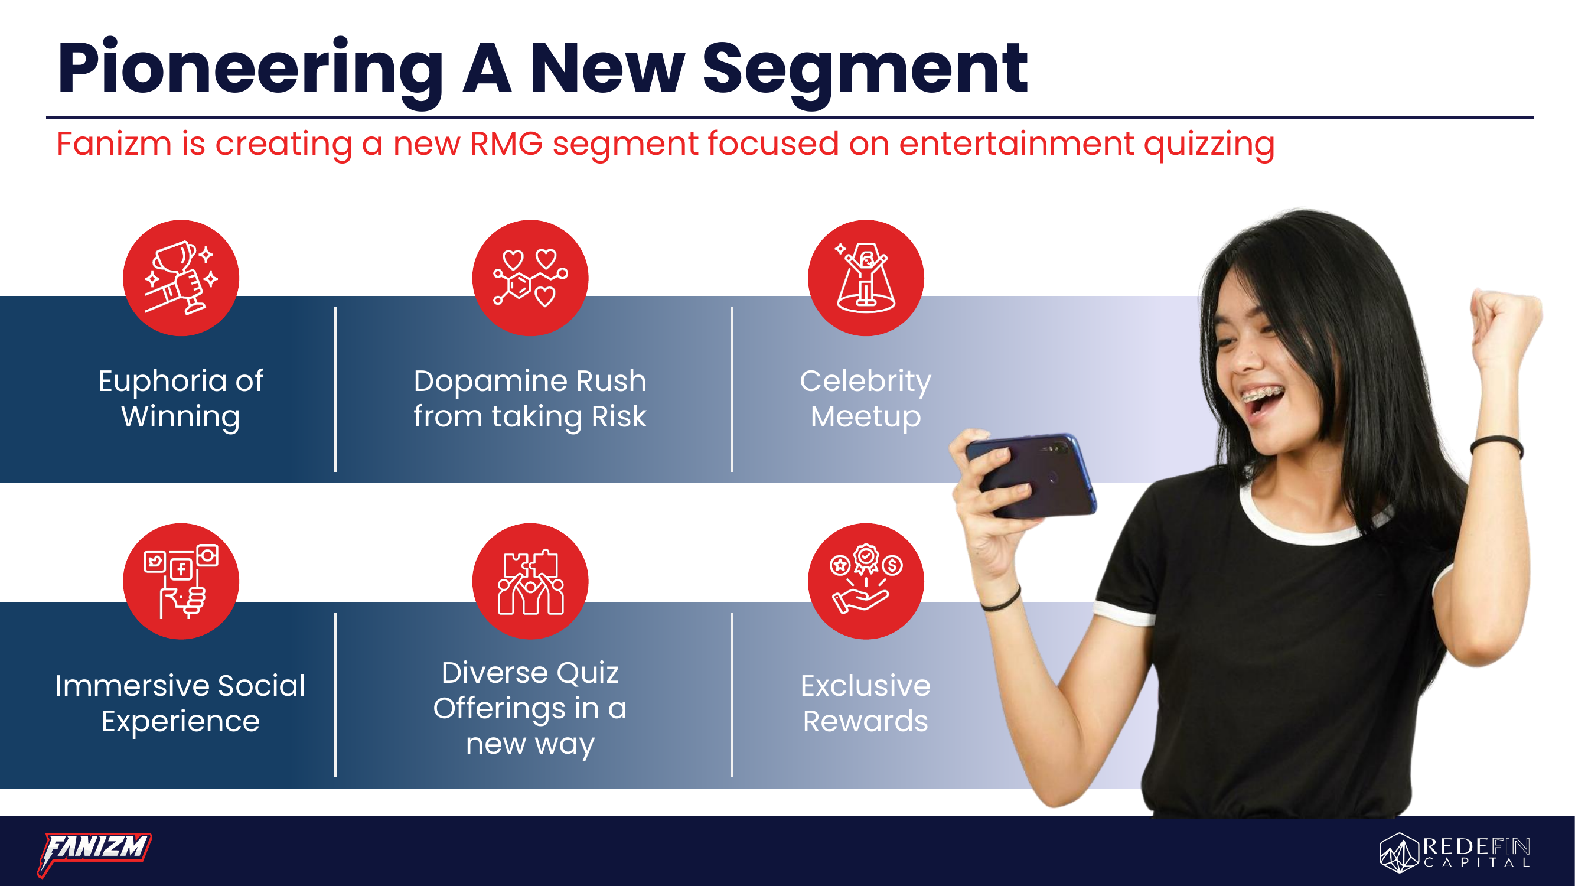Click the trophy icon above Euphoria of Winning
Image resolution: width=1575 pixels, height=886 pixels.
[181, 278]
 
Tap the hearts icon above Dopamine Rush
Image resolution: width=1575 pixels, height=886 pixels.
[530, 278]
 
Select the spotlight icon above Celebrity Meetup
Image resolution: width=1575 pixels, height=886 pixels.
[866, 278]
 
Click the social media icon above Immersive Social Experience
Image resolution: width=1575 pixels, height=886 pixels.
[181, 581]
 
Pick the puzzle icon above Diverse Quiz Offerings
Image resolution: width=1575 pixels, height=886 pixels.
[530, 581]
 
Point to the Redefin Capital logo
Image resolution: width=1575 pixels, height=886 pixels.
[1455, 852]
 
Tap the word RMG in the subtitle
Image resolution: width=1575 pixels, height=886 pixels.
[506, 144]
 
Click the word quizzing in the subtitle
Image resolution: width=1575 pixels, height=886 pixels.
[1209, 145]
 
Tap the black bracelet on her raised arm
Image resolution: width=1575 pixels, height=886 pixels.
[1496, 445]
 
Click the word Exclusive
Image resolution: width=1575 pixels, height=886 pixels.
[865, 685]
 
